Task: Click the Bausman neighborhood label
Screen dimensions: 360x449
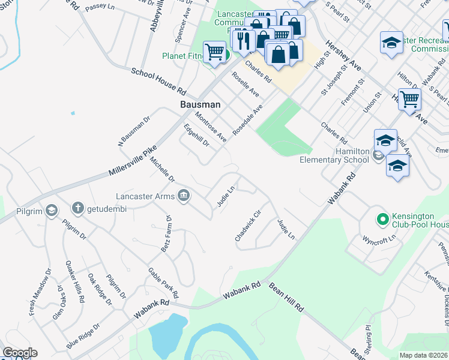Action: point(200,104)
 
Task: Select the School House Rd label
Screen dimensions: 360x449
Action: point(159,81)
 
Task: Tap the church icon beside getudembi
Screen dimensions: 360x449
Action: point(77,208)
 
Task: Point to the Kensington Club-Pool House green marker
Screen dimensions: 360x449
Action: point(381,219)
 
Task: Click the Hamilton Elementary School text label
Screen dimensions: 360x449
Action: point(335,155)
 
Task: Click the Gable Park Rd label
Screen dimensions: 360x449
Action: point(163,283)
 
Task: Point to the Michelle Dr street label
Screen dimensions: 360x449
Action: point(162,170)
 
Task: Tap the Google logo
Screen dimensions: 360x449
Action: point(20,353)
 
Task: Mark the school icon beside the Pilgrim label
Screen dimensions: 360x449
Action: point(52,210)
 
